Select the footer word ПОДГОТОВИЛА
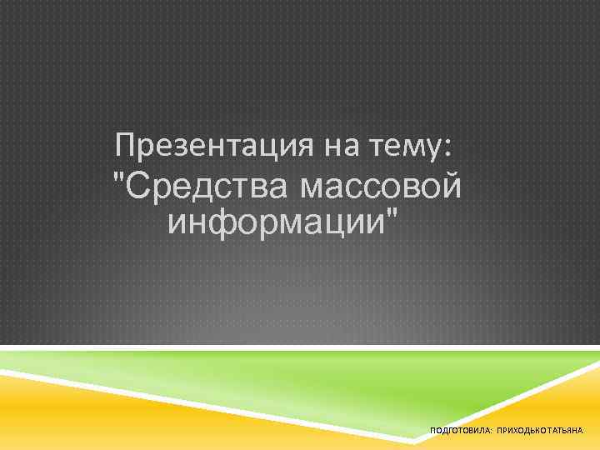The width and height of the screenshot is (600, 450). coord(458,431)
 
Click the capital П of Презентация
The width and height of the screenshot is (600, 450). coord(126,147)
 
